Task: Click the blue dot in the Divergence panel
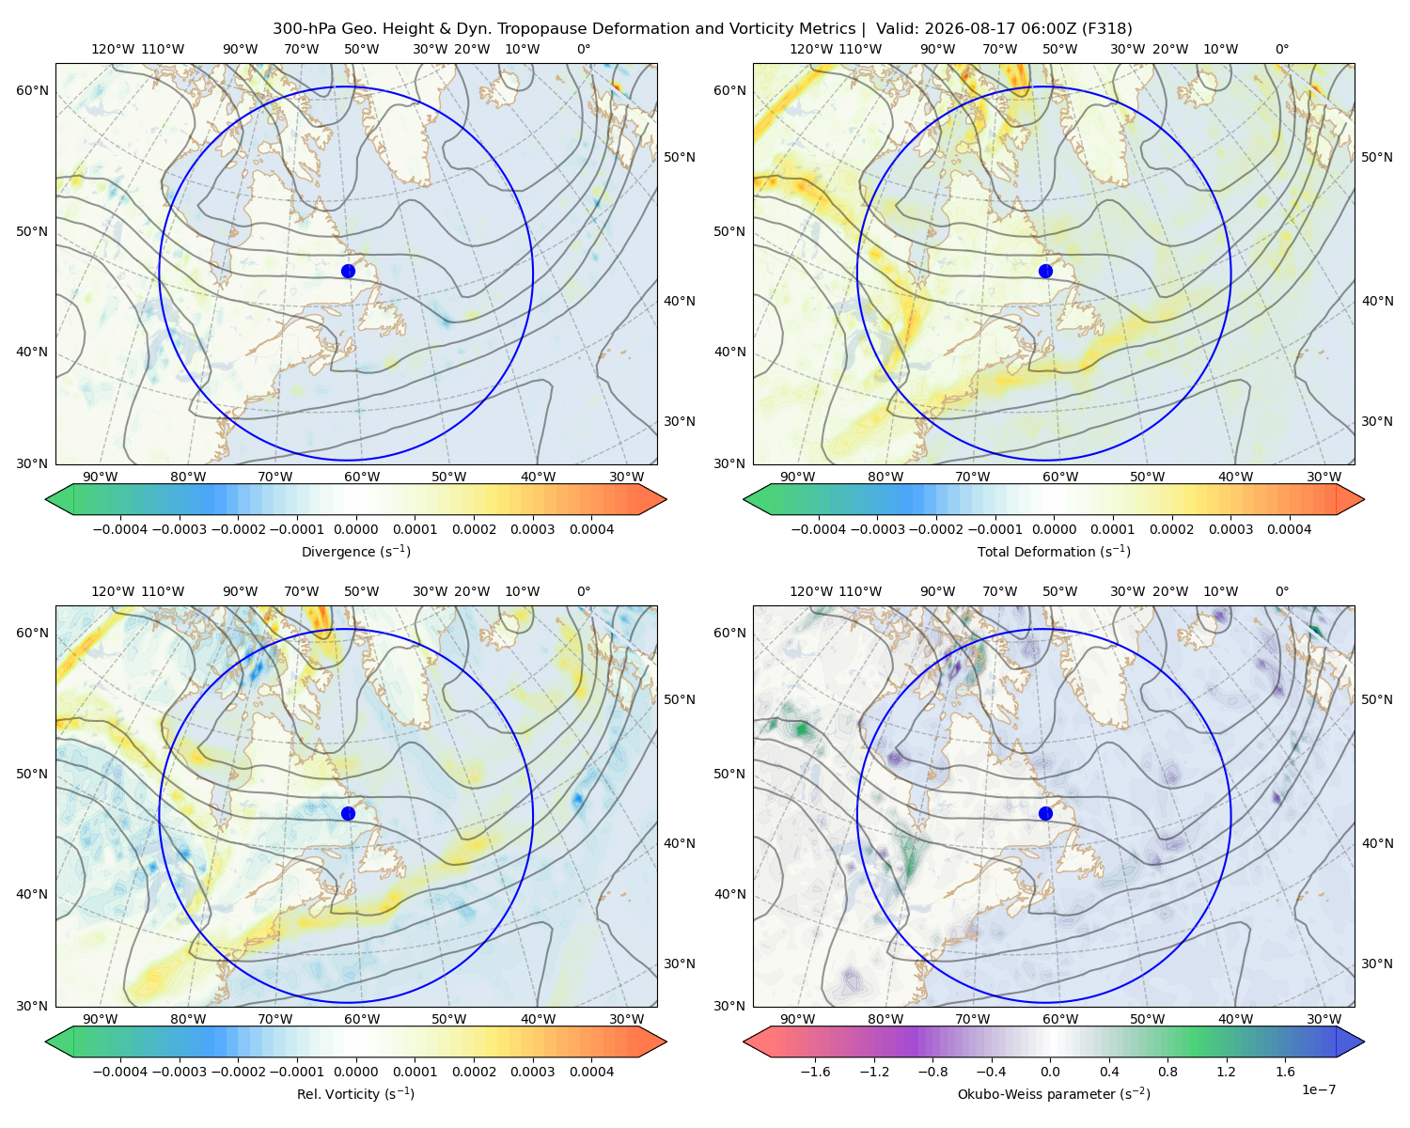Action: coord(348,272)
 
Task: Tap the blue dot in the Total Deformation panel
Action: coord(1045,272)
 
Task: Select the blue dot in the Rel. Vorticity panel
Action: coord(348,813)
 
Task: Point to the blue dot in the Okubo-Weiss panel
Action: coord(1045,813)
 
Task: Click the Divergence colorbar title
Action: coord(355,552)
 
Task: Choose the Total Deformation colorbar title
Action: coord(1054,552)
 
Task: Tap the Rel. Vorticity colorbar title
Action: coord(355,1094)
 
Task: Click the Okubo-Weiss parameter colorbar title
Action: coord(1054,1094)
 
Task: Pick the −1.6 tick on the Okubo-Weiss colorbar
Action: coord(815,1072)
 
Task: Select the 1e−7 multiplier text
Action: coord(1318,1089)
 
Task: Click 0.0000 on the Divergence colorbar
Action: coord(355,529)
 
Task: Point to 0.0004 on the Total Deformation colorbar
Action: coord(1290,529)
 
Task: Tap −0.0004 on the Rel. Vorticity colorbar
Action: coord(120,1072)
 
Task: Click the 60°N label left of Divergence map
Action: coord(32,90)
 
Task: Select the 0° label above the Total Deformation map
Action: coord(1282,49)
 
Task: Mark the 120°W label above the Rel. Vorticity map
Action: coord(113,591)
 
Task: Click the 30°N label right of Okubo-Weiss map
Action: coord(1377,963)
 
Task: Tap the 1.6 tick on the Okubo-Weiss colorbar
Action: coord(1286,1072)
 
